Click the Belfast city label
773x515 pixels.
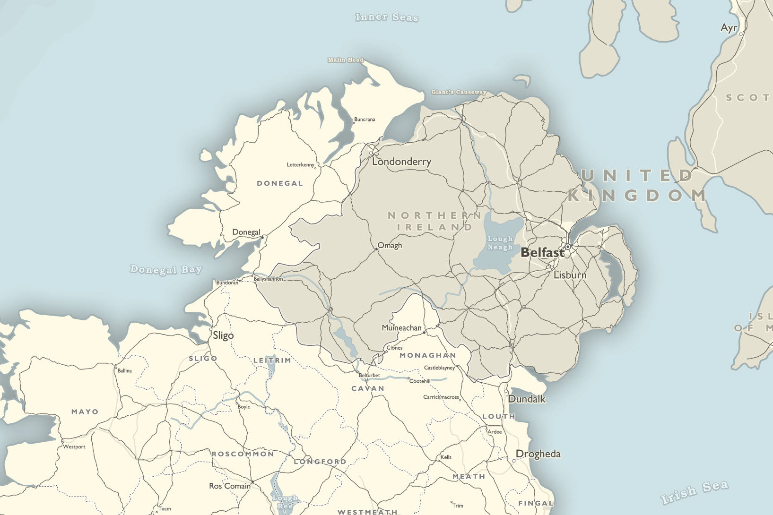pos(542,253)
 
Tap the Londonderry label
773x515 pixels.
pos(401,162)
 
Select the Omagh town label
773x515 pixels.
pos(390,246)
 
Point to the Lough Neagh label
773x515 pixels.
pos(500,243)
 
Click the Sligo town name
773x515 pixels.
pos(223,335)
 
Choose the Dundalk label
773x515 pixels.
pos(527,399)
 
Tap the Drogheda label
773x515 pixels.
pos(538,454)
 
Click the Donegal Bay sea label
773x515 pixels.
pos(166,269)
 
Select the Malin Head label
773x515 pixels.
pos(346,60)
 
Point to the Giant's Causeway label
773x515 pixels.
pos(459,92)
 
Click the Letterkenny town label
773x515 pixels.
pos(301,165)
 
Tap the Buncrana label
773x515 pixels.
pos(365,120)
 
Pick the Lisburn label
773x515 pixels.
pos(570,275)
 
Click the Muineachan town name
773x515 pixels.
pos(401,328)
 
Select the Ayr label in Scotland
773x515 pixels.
pos(729,28)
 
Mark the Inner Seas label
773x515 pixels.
pos(387,17)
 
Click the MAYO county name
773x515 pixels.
pos(85,412)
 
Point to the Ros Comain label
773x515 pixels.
pos(230,486)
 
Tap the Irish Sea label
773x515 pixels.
pos(695,492)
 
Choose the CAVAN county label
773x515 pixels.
pos(368,389)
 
